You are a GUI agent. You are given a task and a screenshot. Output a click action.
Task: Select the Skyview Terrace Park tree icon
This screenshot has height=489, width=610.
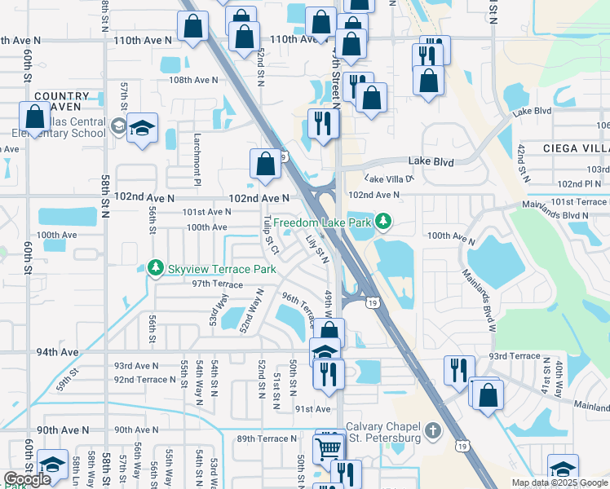(x=155, y=267)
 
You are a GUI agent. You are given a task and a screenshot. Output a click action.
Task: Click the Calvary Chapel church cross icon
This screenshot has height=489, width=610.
(x=432, y=430)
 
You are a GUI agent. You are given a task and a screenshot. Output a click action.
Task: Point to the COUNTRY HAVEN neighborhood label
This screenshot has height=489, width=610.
(x=62, y=102)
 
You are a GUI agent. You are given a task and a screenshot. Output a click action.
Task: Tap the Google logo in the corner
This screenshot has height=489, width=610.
(x=26, y=480)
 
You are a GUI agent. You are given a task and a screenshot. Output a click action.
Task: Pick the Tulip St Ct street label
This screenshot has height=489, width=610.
(x=272, y=235)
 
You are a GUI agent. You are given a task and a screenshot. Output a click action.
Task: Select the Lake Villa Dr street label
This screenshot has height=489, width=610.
(x=390, y=178)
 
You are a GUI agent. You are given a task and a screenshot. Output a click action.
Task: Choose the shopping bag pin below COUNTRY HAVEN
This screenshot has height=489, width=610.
(x=35, y=117)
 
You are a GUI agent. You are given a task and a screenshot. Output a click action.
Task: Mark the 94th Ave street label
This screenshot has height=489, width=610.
(x=57, y=352)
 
